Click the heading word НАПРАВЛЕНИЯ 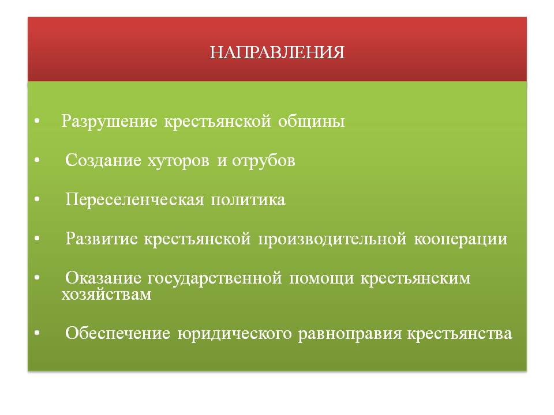[277, 52]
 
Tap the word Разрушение [110, 122]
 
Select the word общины [311, 122]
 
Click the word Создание [103, 160]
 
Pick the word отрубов [263, 161]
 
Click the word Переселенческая [134, 200]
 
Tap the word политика [248, 200]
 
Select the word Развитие [102, 239]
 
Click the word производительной [332, 239]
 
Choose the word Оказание [103, 278]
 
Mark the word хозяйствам [106, 295]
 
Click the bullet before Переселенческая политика [37, 199]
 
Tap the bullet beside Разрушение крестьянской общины [37, 121]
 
